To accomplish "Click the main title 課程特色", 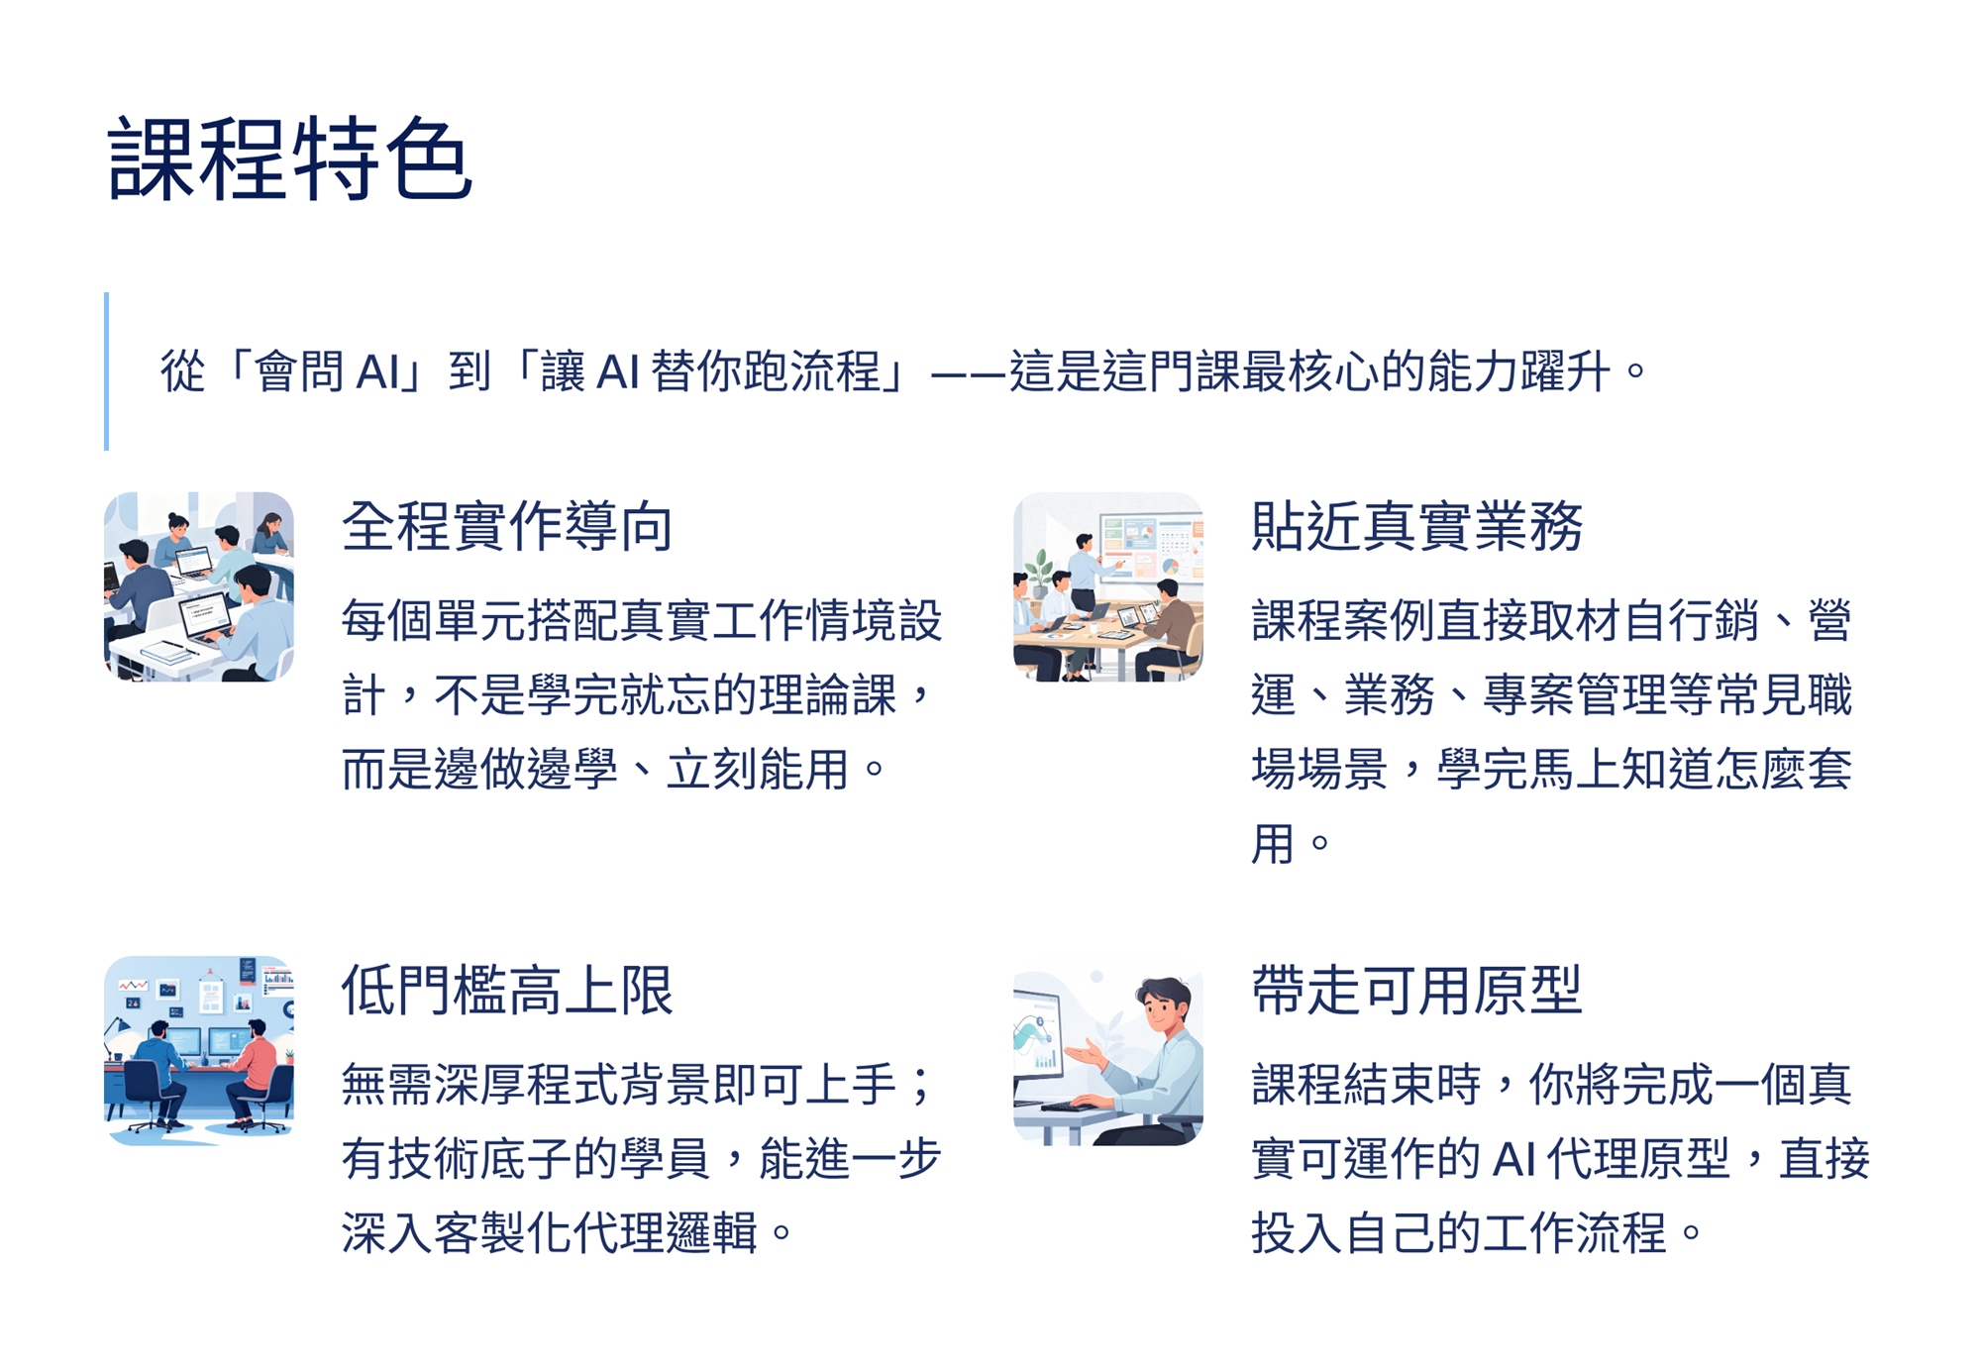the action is pos(289,158).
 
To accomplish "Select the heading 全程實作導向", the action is pos(507,526).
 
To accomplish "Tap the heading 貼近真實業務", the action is pos(1417,526).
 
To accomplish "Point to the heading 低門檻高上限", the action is pos(507,990).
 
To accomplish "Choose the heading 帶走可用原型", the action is pos(1417,990).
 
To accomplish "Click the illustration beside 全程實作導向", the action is pos(199,586).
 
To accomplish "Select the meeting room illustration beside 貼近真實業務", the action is pos(1108,586).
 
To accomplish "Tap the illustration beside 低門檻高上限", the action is pos(199,1050).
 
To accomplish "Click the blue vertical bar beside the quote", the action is pos(106,371).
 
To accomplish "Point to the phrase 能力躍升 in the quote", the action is pos(1518,371).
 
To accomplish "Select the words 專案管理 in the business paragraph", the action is pos(1575,694).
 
